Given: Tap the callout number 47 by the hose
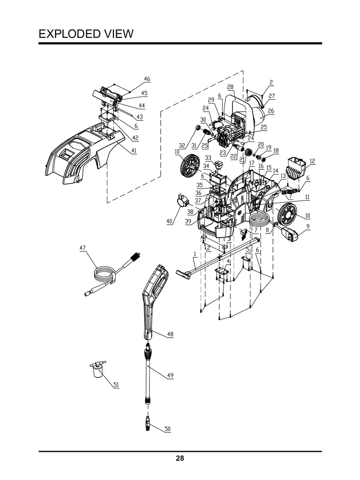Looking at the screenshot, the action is click(82, 248).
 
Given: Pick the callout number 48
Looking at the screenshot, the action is click(170, 334).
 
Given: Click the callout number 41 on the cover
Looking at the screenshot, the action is click(134, 151).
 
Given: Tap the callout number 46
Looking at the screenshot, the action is click(147, 79).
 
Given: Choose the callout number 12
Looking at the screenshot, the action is click(312, 161).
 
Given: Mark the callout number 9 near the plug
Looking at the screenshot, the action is click(308, 226).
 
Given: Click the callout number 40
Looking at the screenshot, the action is click(169, 221).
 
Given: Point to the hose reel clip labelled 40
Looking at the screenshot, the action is click(183, 200).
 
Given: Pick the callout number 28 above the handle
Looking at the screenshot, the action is click(230, 87).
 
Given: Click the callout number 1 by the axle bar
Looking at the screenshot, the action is click(195, 254).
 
